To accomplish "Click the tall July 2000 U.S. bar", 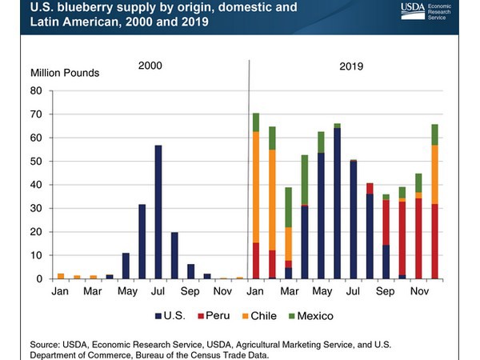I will [159, 212].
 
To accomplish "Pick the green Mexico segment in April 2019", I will [305, 180].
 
